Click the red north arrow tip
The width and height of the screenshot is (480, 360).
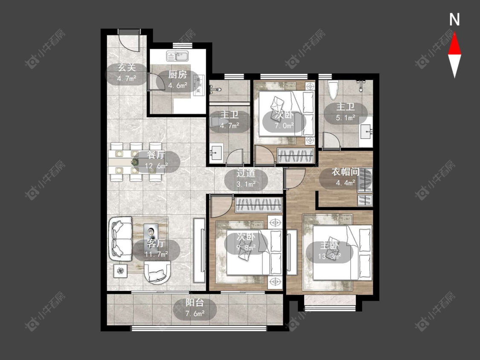pos(454,33)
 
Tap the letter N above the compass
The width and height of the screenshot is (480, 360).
pos(454,20)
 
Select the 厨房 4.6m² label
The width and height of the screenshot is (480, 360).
pos(177,80)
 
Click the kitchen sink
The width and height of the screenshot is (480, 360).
pos(177,56)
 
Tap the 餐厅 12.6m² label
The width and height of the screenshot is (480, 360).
pos(157,160)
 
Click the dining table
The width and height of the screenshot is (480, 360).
pos(136,162)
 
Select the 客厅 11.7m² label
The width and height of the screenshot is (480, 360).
pos(156,249)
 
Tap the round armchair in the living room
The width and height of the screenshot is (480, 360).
pos(157,273)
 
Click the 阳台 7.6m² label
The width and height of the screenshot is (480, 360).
pos(195,308)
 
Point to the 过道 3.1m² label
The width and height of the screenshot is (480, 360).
pos(246,178)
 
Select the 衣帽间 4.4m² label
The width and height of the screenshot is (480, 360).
pos(346,177)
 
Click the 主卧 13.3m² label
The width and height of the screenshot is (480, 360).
pos(329,251)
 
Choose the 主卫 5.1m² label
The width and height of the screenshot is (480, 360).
pos(346,112)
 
